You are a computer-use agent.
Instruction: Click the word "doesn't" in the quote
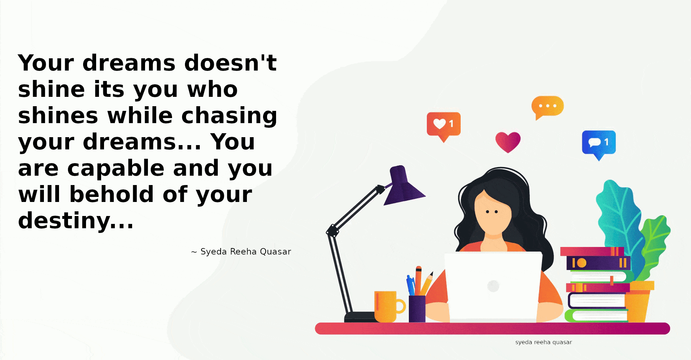pos(230,63)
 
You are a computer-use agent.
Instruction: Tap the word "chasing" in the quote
pos(229,116)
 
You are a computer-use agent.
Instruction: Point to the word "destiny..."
pos(76,220)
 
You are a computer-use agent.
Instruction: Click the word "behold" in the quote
pos(112,194)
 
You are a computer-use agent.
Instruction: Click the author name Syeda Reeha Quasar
pos(245,252)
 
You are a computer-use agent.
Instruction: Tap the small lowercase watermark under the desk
pos(543,342)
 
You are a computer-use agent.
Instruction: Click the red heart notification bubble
pos(443,126)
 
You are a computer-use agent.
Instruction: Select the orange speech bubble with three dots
pos(547,107)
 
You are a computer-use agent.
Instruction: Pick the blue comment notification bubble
pos(599,144)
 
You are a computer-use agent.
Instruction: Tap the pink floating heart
pos(508,141)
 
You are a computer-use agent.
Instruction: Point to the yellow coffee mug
pos(388,306)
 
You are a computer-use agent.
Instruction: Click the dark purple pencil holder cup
pos(417,309)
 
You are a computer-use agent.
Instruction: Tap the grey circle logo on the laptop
pos(493,286)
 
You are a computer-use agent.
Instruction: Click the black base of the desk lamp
pos(360,317)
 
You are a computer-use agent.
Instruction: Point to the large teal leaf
pos(618,223)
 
